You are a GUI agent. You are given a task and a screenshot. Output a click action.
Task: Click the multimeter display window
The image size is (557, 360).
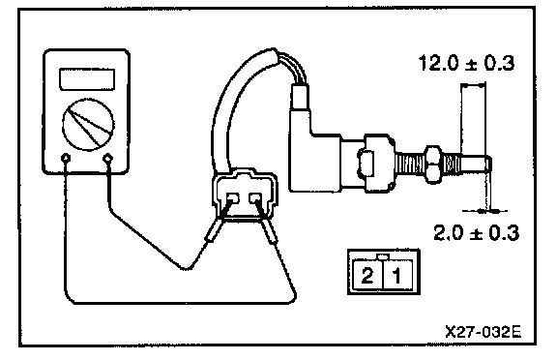click(x=87, y=79)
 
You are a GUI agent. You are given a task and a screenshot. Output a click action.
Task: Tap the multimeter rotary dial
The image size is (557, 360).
click(x=88, y=124)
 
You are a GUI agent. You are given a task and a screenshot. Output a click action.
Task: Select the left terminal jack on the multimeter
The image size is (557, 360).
click(x=66, y=158)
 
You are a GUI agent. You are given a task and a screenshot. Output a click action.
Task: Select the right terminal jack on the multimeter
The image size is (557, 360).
click(x=108, y=158)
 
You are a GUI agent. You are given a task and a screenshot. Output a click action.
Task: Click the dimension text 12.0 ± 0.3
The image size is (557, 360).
click(x=466, y=63)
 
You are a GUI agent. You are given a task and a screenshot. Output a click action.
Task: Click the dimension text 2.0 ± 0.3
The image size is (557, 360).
click(x=476, y=233)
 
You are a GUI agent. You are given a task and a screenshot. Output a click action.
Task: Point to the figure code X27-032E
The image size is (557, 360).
click(x=484, y=332)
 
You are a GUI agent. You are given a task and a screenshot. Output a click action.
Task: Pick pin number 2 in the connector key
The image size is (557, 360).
click(x=367, y=275)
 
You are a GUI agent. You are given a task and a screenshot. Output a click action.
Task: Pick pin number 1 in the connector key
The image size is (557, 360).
click(x=396, y=276)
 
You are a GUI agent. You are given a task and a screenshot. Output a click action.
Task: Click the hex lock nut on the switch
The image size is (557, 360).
click(x=434, y=164)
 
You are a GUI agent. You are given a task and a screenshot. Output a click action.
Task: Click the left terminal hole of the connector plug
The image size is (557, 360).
click(x=233, y=198)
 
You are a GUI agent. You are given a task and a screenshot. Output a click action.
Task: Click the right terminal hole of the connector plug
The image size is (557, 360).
click(x=255, y=198)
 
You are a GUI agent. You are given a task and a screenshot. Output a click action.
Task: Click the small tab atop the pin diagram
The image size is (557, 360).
click(x=383, y=256)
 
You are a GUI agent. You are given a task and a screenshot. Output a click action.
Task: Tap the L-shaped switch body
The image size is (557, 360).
click(x=313, y=153)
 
